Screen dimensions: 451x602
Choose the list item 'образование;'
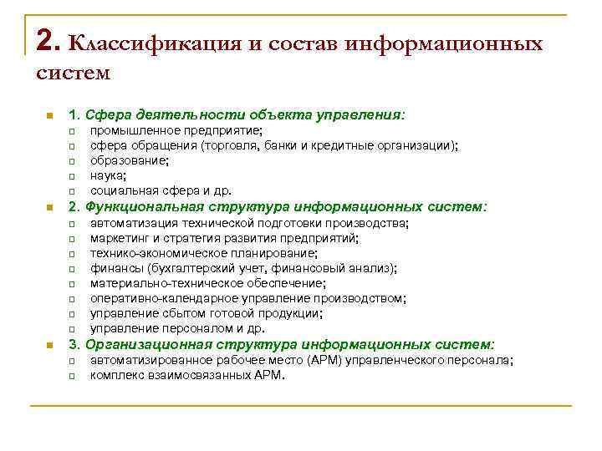[129, 160]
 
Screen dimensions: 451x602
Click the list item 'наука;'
[109, 175]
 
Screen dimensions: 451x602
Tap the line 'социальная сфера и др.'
[161, 190]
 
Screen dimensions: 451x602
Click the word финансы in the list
[116, 268]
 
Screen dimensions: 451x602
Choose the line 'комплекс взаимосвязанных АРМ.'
[187, 376]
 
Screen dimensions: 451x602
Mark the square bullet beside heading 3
[50, 345]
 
